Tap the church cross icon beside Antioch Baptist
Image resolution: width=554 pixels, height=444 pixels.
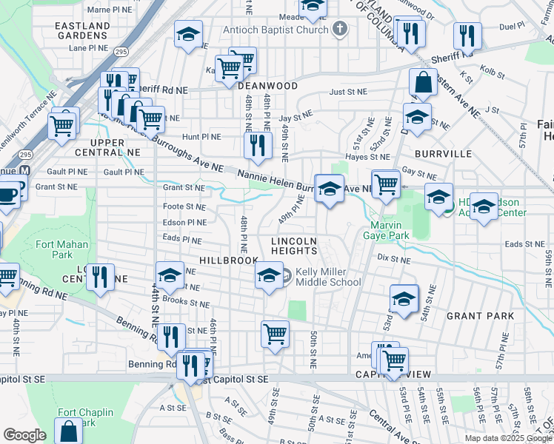[339, 30]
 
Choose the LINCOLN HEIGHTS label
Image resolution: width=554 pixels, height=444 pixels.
[294, 246]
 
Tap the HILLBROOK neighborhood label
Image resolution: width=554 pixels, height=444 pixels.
[228, 260]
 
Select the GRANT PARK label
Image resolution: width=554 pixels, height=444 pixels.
[480, 315]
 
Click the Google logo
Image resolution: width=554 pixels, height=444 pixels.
[24, 435]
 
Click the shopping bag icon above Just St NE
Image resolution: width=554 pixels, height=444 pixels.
[422, 83]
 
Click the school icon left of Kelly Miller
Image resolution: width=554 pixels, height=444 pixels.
[268, 277]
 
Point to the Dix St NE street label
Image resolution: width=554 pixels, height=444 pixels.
[393, 258]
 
